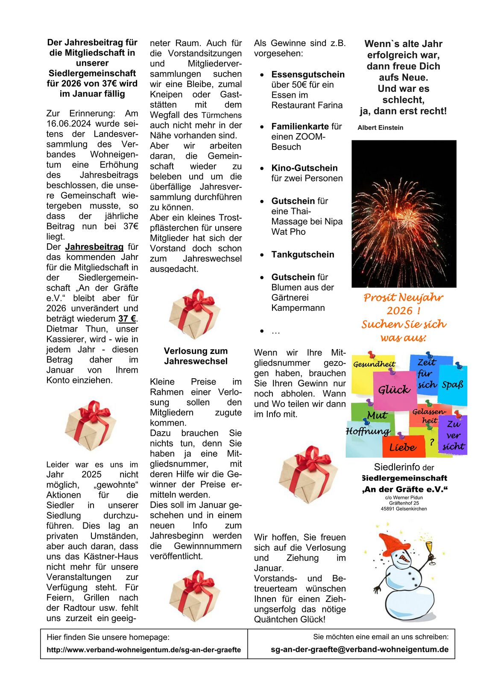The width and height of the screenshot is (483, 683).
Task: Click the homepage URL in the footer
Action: pos(143,650)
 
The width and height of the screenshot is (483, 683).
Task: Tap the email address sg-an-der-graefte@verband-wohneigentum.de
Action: pos(360,649)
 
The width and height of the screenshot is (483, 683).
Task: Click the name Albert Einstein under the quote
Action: pos(380,128)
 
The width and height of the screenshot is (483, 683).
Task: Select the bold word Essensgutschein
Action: pos(307,74)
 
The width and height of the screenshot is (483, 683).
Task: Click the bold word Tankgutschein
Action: pos(302,254)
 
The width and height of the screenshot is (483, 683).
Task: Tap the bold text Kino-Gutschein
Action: pos(304,168)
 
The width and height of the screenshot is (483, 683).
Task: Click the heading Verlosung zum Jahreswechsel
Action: pos(196,356)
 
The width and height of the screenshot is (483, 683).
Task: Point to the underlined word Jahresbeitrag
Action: pos(94,247)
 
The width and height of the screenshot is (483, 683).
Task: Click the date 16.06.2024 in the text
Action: pos(68,124)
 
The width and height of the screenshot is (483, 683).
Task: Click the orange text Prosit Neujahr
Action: pos(403,298)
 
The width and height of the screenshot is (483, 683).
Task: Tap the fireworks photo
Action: pos(404,213)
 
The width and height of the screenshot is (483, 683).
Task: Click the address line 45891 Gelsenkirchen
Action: pos(404,509)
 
